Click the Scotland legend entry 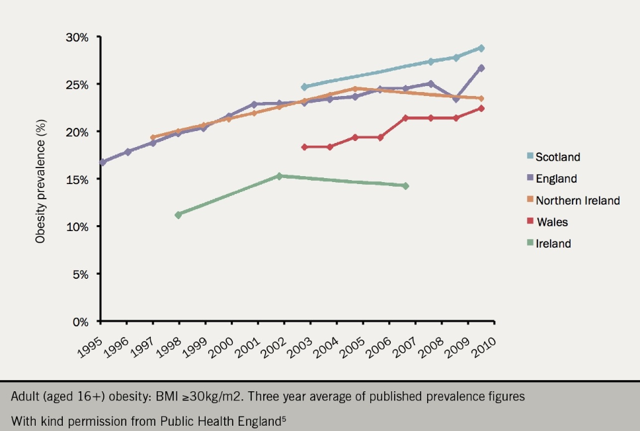point(557,158)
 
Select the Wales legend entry point(552,222)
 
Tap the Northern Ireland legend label point(577,201)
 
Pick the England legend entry point(556,179)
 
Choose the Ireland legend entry point(553,244)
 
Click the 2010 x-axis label point(485,344)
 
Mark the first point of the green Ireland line point(179,215)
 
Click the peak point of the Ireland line point(279,176)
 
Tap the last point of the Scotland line point(481,48)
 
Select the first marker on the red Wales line point(304,147)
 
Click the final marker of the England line point(481,68)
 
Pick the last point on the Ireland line point(405,186)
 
